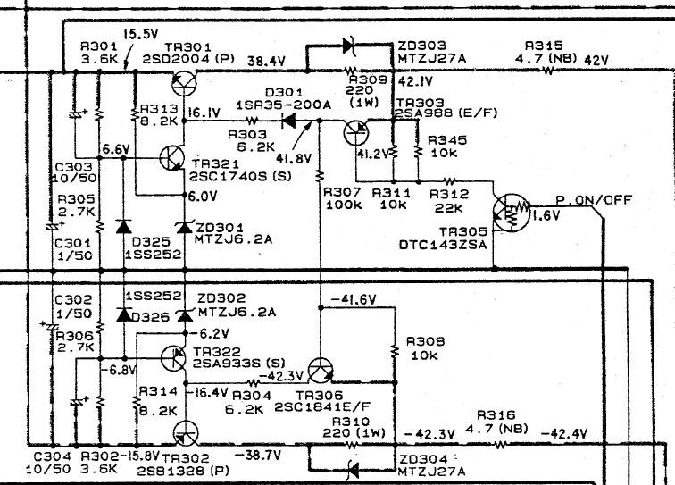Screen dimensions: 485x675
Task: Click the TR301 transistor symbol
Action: click(184, 83)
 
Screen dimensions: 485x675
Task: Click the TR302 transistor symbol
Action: click(185, 434)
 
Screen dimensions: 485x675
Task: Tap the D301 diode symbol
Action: click(287, 122)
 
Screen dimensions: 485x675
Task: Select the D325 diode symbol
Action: click(121, 226)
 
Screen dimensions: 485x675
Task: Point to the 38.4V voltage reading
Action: click(266, 63)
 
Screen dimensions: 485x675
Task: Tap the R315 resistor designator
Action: click(544, 46)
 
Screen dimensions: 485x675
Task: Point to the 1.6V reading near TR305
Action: click(546, 215)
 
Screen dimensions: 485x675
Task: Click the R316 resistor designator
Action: click(496, 415)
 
